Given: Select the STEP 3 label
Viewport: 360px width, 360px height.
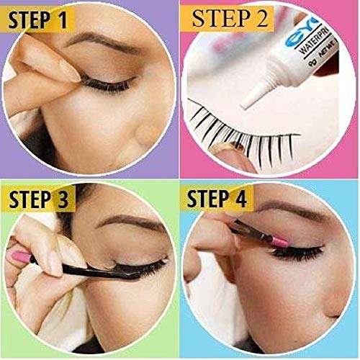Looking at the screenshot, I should click(39, 201).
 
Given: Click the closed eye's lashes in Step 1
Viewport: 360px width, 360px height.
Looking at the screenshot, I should click(108, 86).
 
